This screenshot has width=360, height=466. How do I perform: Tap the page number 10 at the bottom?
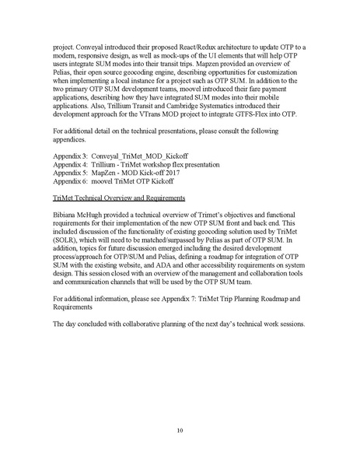tap(180, 430)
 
